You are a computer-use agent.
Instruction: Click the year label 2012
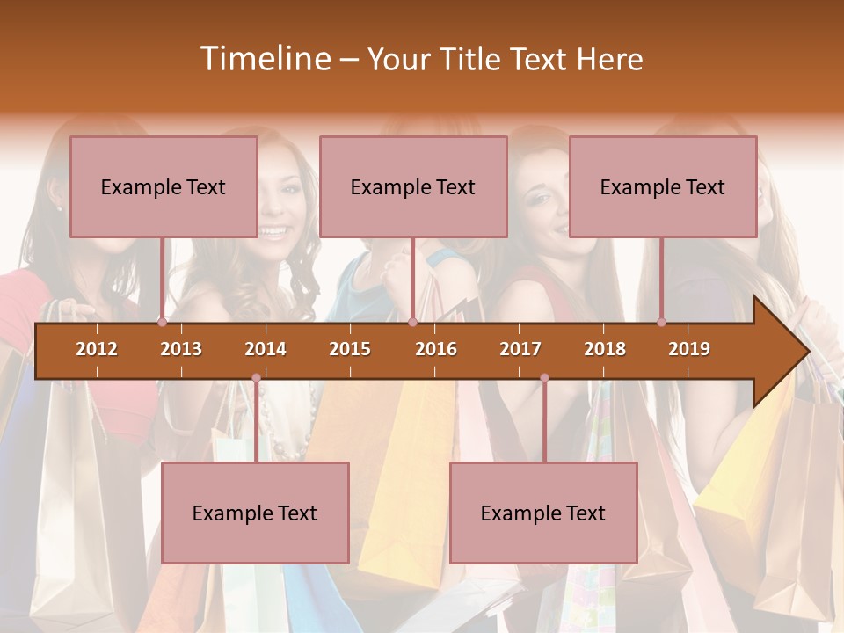[97, 349]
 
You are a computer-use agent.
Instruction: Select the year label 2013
[181, 349]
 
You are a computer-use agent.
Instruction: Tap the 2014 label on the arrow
[266, 349]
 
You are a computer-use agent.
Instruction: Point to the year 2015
[350, 349]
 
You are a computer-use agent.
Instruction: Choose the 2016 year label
[436, 349]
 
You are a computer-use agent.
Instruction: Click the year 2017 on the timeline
[520, 349]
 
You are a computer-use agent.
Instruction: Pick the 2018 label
[605, 349]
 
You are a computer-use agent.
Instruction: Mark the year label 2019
[689, 349]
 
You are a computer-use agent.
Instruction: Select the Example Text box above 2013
[164, 186]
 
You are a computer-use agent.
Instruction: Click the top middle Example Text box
[413, 186]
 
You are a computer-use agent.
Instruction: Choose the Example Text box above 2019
[663, 186]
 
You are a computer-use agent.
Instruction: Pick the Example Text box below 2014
[255, 513]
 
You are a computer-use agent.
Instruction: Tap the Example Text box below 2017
[543, 513]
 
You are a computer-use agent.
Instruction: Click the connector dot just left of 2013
[163, 323]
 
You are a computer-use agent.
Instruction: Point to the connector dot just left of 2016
[412, 323]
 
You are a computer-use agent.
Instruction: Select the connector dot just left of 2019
[662, 323]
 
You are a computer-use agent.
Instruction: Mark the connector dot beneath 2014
[256, 378]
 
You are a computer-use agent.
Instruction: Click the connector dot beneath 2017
[544, 378]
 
